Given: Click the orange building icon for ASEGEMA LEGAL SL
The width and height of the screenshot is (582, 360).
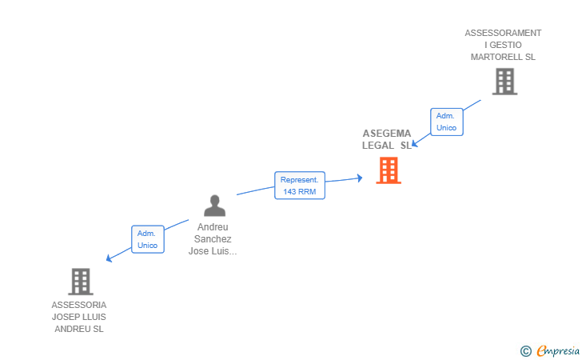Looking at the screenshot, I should (x=389, y=170).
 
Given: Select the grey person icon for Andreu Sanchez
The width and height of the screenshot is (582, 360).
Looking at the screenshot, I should (x=214, y=206).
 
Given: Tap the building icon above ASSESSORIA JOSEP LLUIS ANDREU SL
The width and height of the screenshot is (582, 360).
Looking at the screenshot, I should (x=80, y=282).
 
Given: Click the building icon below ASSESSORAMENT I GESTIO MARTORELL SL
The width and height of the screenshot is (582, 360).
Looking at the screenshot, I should (x=504, y=82).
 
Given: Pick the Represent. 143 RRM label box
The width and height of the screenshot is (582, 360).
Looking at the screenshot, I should (x=301, y=185).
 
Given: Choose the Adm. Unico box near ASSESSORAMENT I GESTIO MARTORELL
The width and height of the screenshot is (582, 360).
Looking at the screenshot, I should (x=446, y=122).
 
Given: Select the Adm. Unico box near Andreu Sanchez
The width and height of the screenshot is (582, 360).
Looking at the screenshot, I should (x=147, y=239).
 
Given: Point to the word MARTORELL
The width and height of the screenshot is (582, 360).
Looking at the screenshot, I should (x=503, y=58).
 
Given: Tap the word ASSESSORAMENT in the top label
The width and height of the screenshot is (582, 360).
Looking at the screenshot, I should (x=503, y=33).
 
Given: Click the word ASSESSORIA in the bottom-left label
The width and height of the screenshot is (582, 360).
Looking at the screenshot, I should (x=78, y=305).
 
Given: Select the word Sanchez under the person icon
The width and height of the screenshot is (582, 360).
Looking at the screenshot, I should (x=213, y=239).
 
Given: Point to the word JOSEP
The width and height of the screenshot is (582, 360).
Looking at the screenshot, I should (x=66, y=317).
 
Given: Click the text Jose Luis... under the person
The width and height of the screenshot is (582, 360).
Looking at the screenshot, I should (x=213, y=251).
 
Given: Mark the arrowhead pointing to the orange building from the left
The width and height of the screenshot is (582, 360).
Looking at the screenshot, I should (x=361, y=178).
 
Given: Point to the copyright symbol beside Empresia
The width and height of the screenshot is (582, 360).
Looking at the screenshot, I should (x=525, y=350).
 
